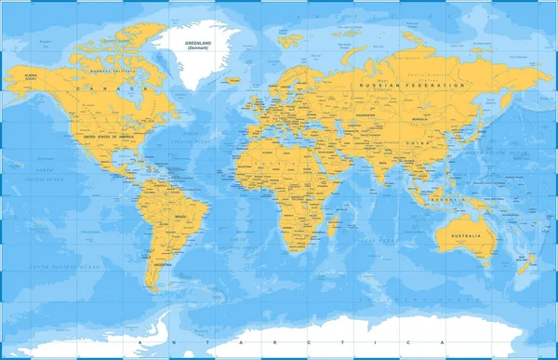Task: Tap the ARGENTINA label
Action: click(164, 264)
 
